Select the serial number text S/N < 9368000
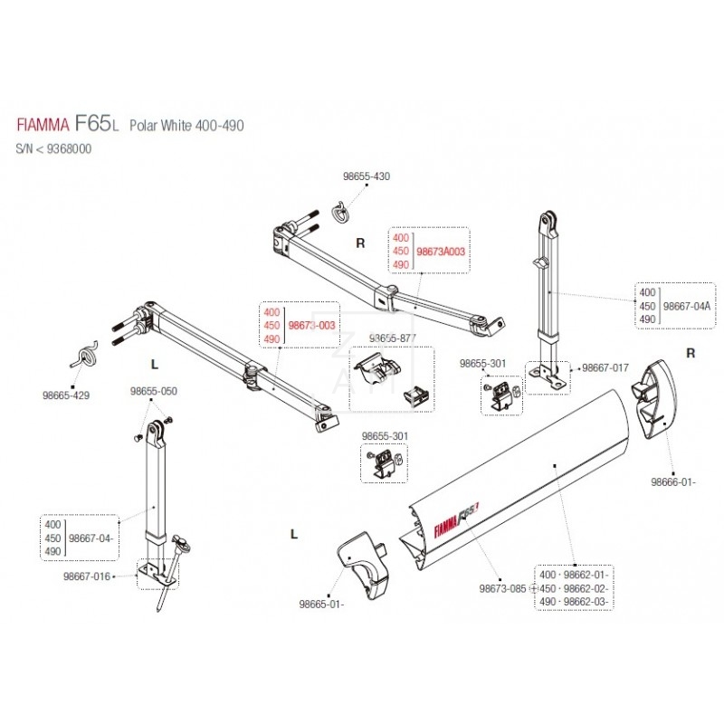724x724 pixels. [x=53, y=148]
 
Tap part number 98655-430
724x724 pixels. [x=367, y=176]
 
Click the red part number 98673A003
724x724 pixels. [x=440, y=252]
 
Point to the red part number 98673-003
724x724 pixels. [x=312, y=324]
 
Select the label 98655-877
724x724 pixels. [x=390, y=338]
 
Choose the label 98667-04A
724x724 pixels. [x=688, y=307]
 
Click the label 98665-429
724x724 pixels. [x=65, y=395]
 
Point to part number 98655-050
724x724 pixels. [x=153, y=392]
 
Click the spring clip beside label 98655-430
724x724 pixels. [x=340, y=213]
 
